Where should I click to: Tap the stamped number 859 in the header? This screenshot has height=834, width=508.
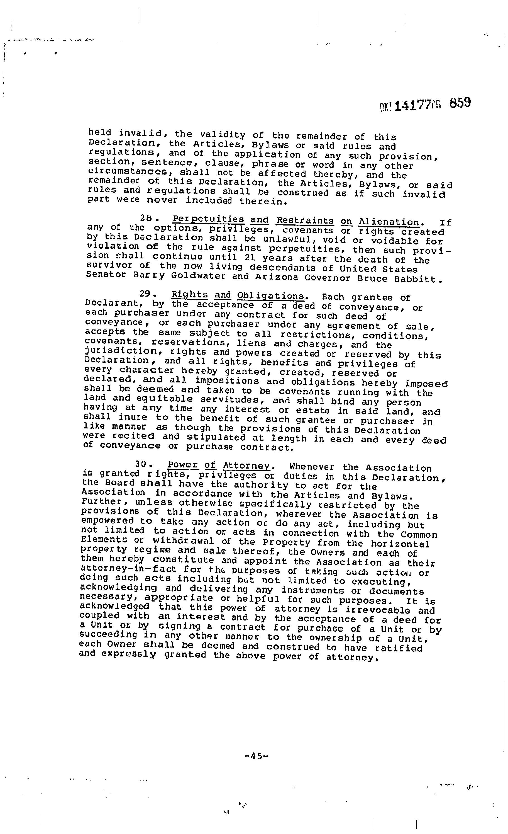(x=460, y=103)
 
